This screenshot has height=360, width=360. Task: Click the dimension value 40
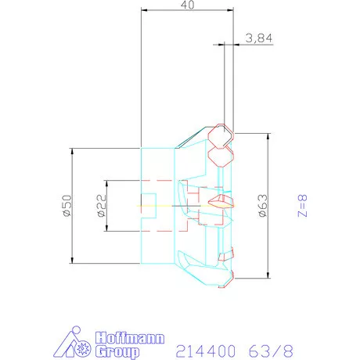click(187, 5)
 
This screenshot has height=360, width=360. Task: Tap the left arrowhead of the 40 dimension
click(144, 10)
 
